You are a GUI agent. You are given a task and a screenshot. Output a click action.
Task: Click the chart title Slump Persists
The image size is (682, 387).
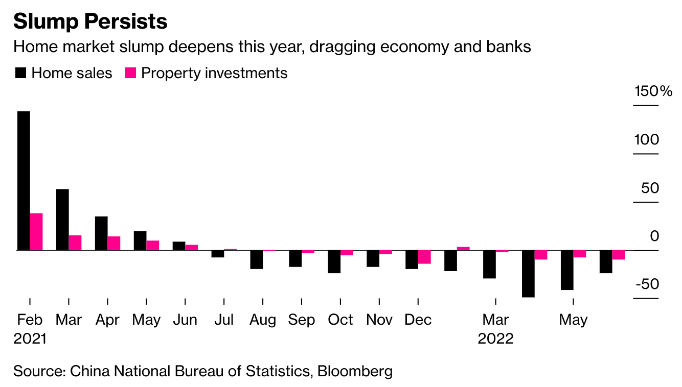click(90, 21)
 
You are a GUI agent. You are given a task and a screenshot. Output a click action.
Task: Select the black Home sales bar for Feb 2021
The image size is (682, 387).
click(24, 181)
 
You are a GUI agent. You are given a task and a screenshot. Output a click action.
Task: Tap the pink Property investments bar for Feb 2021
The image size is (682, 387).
click(36, 232)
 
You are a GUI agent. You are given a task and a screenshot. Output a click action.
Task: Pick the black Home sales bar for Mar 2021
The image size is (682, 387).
click(62, 220)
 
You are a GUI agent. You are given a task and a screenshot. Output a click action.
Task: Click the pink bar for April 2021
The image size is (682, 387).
click(114, 243)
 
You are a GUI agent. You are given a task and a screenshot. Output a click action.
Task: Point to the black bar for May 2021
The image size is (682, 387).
click(140, 240)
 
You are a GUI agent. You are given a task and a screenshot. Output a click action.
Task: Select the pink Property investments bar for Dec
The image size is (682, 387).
click(424, 257)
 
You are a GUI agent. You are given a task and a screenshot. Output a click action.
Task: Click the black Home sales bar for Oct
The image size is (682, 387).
click(334, 261)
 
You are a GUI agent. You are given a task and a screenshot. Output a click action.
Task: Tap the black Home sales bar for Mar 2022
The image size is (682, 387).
click(489, 264)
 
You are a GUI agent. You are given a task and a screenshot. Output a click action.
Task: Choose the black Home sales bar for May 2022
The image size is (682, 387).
click(567, 270)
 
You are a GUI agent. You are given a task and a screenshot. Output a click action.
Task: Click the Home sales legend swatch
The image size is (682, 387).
click(20, 73)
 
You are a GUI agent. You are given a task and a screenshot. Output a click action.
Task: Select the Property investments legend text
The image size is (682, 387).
click(214, 73)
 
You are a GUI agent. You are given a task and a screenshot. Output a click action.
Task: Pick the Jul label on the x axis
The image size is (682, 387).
click(224, 320)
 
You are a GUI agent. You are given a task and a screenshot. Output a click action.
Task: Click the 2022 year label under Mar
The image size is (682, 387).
click(495, 338)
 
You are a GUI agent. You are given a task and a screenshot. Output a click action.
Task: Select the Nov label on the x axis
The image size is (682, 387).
click(379, 320)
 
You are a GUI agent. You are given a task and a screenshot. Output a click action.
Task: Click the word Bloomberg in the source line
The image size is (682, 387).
click(355, 371)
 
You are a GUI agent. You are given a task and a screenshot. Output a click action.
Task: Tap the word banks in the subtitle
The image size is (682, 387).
click(509, 47)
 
